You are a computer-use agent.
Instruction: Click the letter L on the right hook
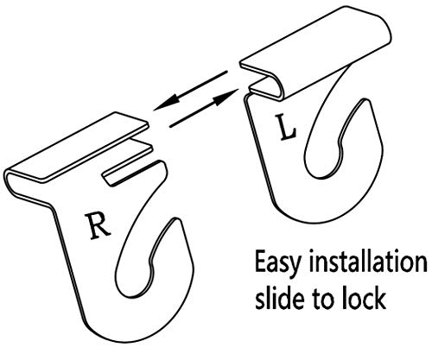(x=285, y=128)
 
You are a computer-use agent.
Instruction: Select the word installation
(x=368, y=262)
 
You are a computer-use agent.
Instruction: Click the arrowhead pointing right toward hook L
(x=226, y=97)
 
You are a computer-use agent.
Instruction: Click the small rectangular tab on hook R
(x=128, y=165)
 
